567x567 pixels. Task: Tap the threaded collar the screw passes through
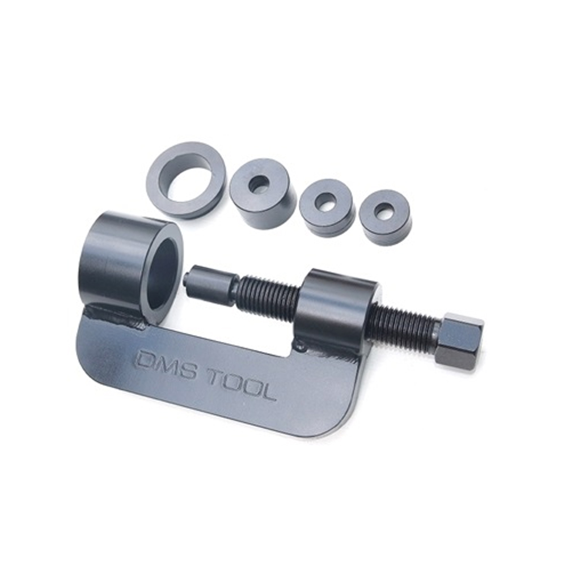coord(336,307)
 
